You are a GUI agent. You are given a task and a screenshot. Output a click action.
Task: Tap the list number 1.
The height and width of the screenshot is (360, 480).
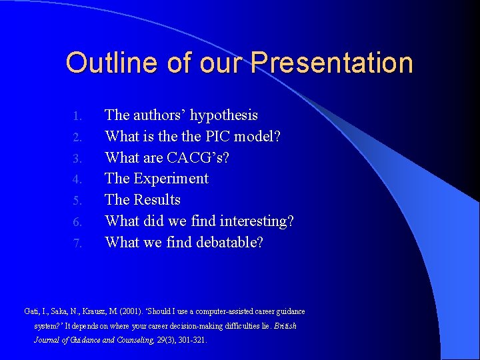[x=77, y=116]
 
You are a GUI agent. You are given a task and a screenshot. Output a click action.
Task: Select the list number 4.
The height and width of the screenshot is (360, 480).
[x=77, y=179]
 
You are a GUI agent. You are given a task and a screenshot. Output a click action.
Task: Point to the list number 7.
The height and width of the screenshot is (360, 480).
[x=77, y=243]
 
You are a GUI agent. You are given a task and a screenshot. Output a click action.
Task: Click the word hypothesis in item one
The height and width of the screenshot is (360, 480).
[x=223, y=115]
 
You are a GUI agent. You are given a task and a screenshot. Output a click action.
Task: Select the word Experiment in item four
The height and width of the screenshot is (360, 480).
[x=171, y=179]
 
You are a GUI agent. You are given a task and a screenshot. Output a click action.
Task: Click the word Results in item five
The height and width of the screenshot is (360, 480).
[x=157, y=200]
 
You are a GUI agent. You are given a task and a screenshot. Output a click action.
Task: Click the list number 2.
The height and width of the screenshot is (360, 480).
[x=77, y=137]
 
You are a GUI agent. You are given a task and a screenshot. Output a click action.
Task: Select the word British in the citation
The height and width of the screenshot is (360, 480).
[x=285, y=326]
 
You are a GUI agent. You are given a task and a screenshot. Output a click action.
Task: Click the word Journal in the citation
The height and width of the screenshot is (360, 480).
[x=47, y=340]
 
